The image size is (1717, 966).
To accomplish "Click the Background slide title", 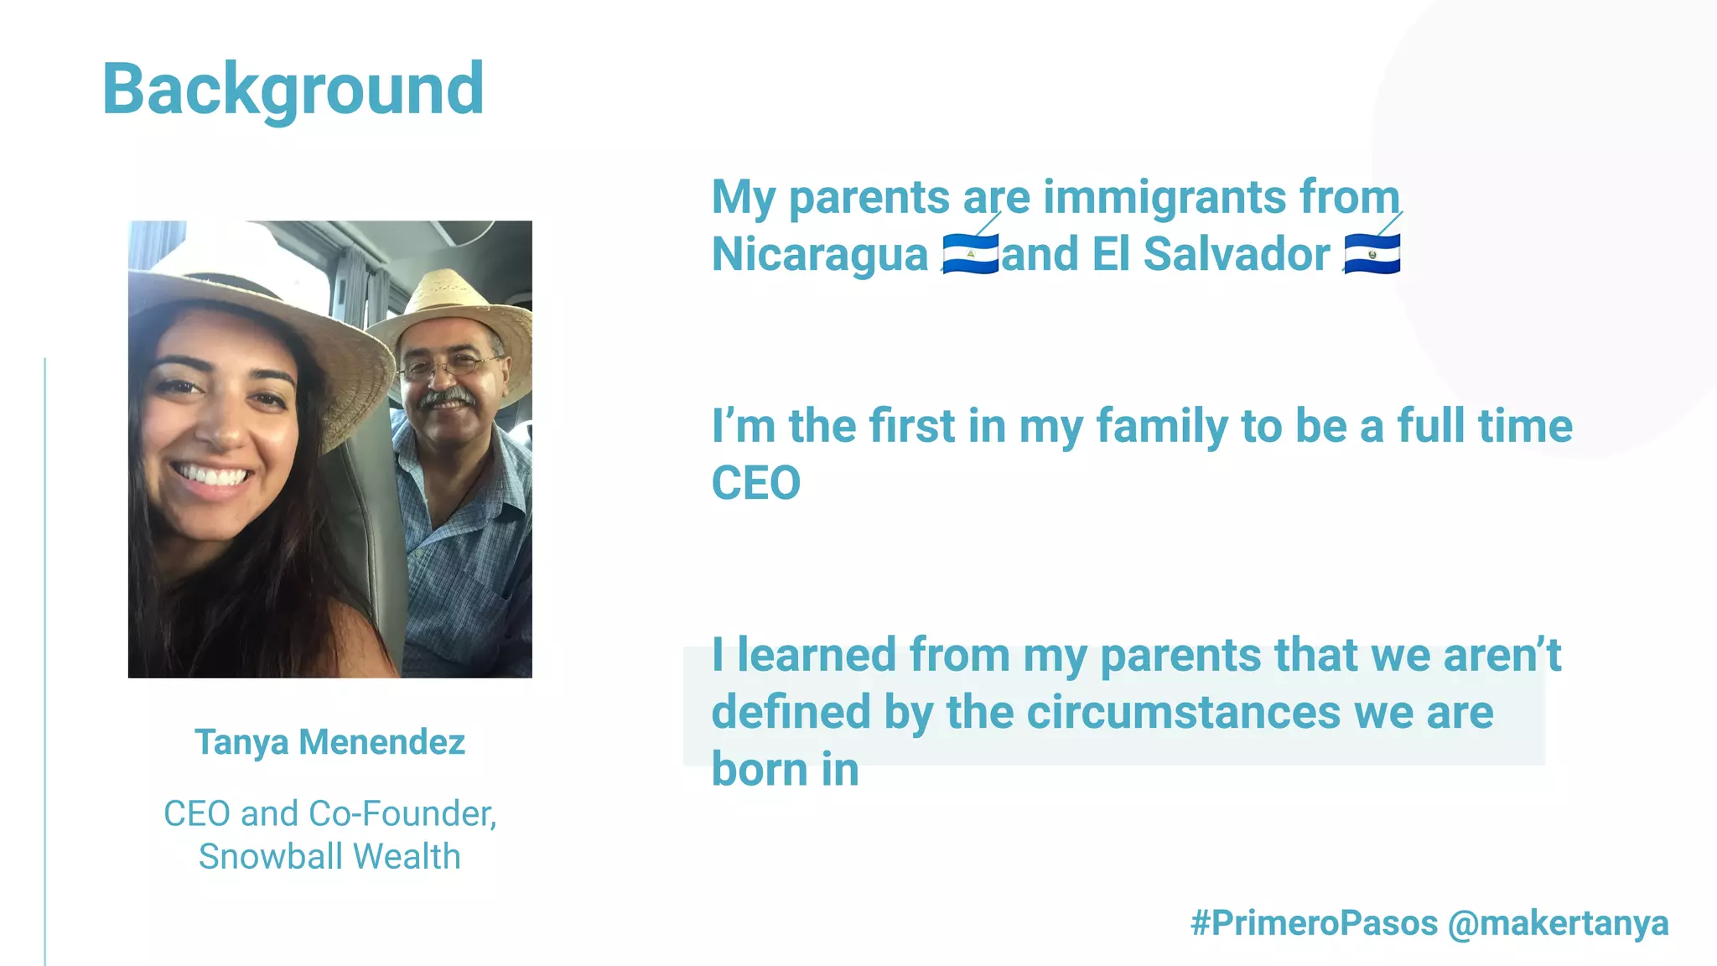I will coord(293,89).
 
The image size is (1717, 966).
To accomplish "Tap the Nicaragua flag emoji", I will coord(970,254).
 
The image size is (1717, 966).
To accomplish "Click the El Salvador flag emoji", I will coord(1372,254).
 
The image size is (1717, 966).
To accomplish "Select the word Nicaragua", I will coord(819,254).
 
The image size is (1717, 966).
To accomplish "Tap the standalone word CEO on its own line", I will coord(755,484).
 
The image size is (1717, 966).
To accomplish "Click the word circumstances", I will coord(1183,713).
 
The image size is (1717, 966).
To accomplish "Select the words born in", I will coord(785,770).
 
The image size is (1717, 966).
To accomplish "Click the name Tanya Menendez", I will coord(329,742).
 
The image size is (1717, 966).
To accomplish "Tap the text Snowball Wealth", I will coord(329,857).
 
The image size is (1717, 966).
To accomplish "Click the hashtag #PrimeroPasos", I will coord(1314,923).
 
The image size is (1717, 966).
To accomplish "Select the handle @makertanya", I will coord(1558,923).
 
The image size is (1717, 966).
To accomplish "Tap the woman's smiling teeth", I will coord(211,476).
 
